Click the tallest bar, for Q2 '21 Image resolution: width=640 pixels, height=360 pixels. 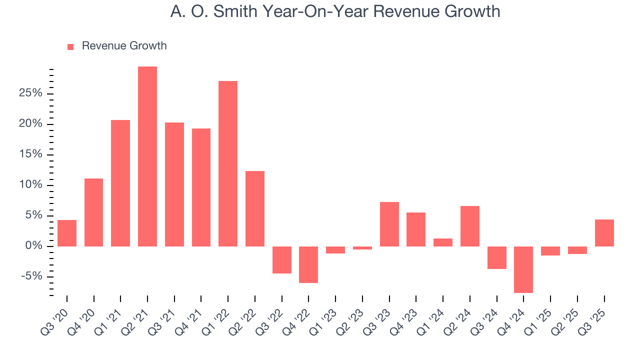(147, 156)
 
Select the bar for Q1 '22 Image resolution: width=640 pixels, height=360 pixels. (228, 163)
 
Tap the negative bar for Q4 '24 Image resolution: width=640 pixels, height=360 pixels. (523, 269)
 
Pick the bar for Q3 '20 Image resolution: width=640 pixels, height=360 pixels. (67, 233)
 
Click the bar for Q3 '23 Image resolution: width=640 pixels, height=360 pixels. (389, 224)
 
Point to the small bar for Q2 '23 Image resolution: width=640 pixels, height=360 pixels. (362, 248)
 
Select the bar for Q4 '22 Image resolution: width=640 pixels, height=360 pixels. (308, 264)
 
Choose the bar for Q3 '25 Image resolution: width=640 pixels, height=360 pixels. (604, 233)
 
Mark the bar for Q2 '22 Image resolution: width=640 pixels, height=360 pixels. (255, 208)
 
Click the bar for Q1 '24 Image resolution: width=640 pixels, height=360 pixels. (443, 242)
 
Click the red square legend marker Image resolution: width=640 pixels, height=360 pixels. (70, 46)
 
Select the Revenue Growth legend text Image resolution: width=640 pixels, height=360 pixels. (124, 46)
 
